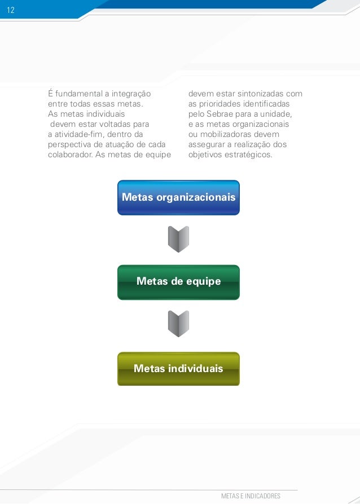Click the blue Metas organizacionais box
point(178,198)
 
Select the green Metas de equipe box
point(178,282)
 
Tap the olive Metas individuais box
point(178,369)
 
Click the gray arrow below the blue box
point(178,240)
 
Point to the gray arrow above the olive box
point(178,324)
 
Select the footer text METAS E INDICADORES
point(251,496)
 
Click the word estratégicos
point(248,154)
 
